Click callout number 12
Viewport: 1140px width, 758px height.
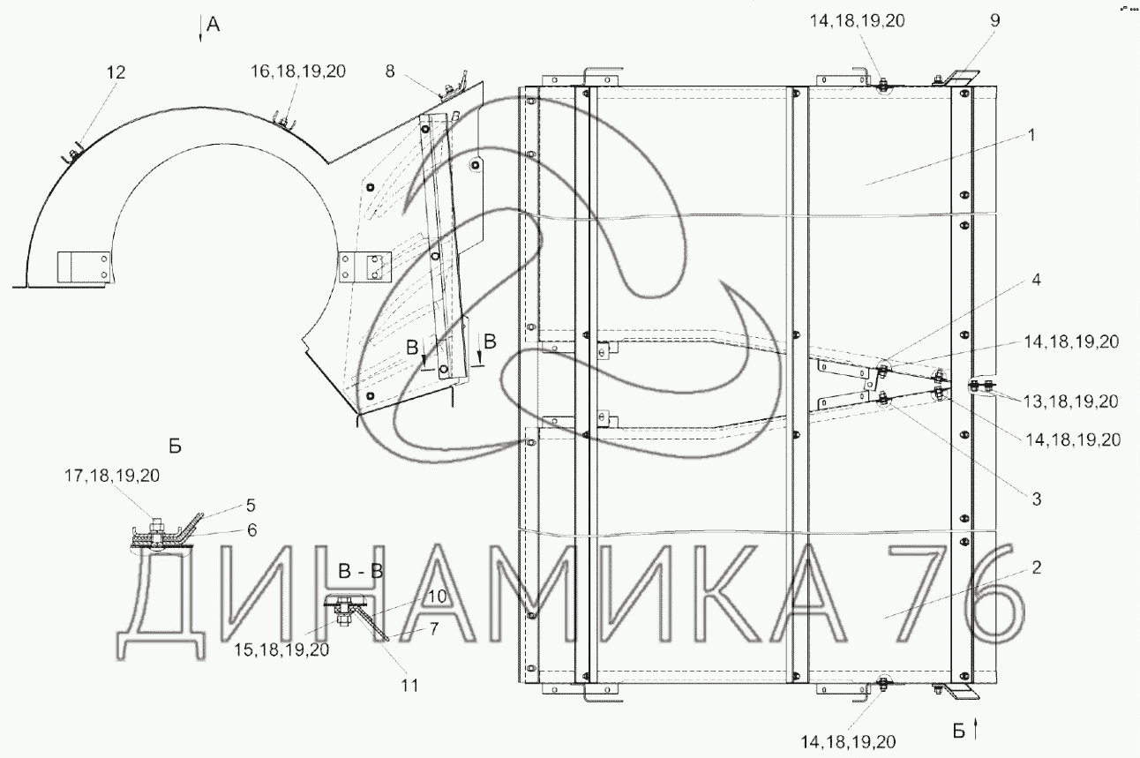[116, 72]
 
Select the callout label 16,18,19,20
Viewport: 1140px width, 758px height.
[297, 71]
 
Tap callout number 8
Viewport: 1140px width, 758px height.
[390, 71]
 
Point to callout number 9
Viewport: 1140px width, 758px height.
[995, 21]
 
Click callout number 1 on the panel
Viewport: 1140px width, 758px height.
[1031, 135]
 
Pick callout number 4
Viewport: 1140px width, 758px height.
[1036, 280]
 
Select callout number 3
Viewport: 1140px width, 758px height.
[1037, 499]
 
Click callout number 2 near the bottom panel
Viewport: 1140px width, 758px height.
[1037, 567]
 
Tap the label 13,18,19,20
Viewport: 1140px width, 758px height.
[1071, 402]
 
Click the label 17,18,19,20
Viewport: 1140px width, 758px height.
[112, 476]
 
